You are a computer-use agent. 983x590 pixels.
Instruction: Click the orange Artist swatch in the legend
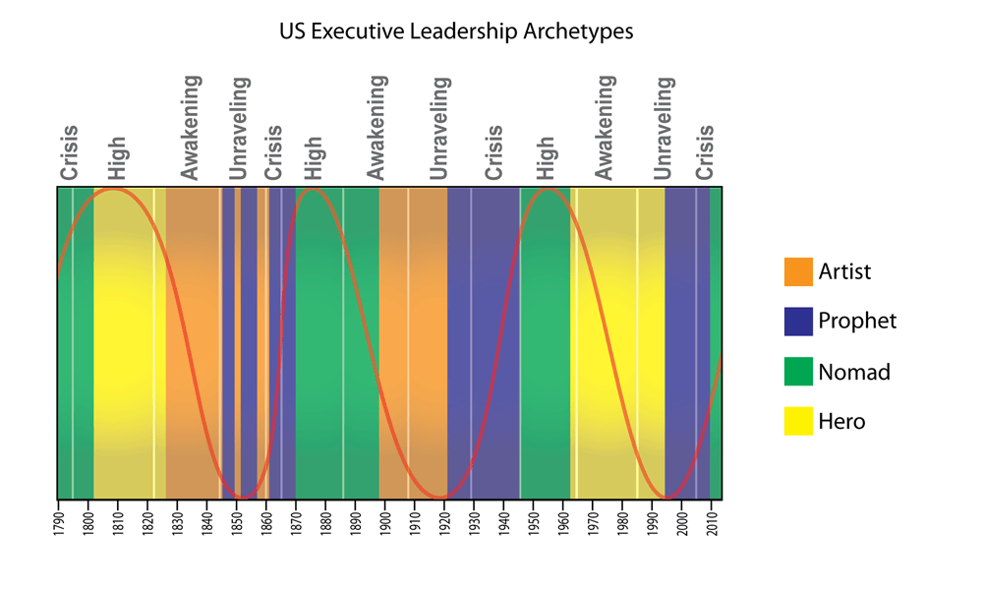798,271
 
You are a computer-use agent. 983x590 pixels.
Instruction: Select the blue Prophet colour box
798,322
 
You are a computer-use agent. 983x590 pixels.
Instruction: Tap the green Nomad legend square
798,372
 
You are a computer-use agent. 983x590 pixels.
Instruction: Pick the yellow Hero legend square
798,422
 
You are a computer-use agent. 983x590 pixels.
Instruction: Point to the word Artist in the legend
845,271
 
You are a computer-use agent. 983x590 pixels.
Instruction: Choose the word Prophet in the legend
858,322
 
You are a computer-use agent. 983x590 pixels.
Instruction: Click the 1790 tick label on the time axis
58,519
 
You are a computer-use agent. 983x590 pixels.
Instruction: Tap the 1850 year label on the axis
237,519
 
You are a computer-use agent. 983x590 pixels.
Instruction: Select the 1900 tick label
385,519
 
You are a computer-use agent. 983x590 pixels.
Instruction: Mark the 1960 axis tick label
564,519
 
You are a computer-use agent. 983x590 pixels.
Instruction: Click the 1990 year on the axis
654,519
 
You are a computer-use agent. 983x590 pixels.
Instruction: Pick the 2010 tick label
713,519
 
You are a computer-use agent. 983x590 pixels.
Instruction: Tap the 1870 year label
296,519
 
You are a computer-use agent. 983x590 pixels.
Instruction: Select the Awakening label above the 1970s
605,128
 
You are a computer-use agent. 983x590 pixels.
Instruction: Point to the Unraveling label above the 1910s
440,128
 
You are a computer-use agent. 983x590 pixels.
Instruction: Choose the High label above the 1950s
546,158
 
